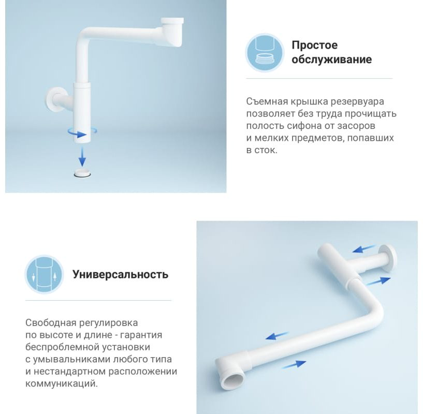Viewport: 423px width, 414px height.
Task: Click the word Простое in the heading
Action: pyautogui.click(x=315, y=45)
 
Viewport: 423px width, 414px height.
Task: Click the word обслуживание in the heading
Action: pyautogui.click(x=331, y=60)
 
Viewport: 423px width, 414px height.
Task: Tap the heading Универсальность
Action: pyautogui.click(x=120, y=274)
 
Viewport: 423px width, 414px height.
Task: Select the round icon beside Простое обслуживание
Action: pyautogui.click(x=265, y=53)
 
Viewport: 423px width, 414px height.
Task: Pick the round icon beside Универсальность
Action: pyautogui.click(x=44, y=274)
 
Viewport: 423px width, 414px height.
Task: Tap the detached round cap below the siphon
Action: pyautogui.click(x=82, y=173)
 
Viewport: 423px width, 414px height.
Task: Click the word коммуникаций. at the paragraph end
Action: pyautogui.click(x=62, y=383)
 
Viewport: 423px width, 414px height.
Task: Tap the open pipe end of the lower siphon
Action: pyautogui.click(x=234, y=380)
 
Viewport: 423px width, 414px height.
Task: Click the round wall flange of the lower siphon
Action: pyautogui.click(x=388, y=259)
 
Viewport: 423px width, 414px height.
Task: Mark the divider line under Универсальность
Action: pyautogui.click(x=98, y=300)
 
